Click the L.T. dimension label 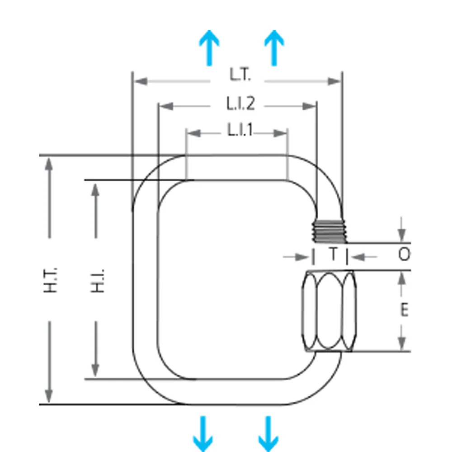pyautogui.click(x=240, y=75)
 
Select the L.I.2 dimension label pyautogui.click(x=241, y=104)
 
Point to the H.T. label pyautogui.click(x=51, y=280)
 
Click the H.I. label pyautogui.click(x=98, y=281)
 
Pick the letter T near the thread pyautogui.click(x=334, y=254)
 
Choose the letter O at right pyautogui.click(x=404, y=254)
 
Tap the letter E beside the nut pyautogui.click(x=405, y=310)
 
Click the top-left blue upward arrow pyautogui.click(x=209, y=47)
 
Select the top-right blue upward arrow pyautogui.click(x=274, y=47)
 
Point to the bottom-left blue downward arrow pyautogui.click(x=203, y=433)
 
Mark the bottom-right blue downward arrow pyautogui.click(x=268, y=433)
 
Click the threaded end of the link pyautogui.click(x=329, y=231)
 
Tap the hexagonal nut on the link pyautogui.click(x=329, y=311)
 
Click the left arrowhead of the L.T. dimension pyautogui.click(x=141, y=81)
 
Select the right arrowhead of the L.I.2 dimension pyautogui.click(x=309, y=106)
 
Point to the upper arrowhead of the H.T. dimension pyautogui.click(x=49, y=165)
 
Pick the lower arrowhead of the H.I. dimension pyautogui.click(x=95, y=370)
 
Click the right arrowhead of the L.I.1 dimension pyautogui.click(x=280, y=133)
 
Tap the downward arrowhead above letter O pyautogui.click(x=401, y=235)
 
